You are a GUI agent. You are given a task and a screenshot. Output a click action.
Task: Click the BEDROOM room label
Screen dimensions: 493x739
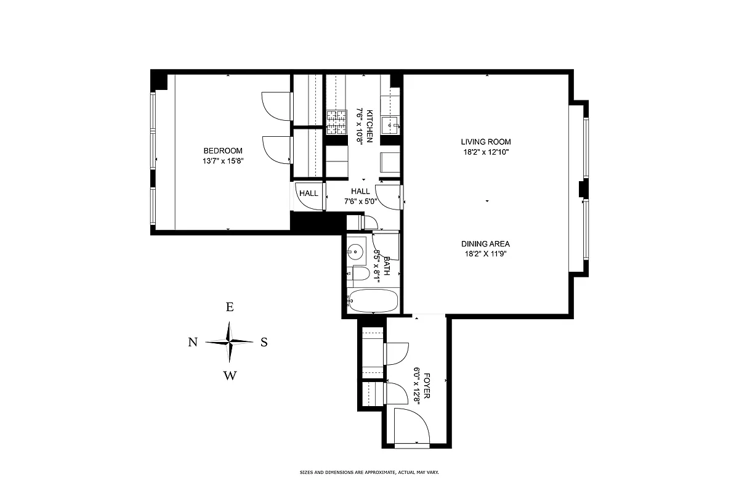[223, 151]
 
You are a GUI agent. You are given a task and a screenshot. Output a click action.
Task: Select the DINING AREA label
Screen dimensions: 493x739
[486, 243]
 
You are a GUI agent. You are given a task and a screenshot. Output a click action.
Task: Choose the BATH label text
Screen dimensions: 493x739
[387, 266]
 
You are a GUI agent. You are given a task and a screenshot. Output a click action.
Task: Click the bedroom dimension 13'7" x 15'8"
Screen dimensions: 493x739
[223, 161]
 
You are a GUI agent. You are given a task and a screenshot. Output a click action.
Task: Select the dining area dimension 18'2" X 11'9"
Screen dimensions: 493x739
[486, 253]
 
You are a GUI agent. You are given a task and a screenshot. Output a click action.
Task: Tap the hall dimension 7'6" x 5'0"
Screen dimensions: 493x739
[360, 202]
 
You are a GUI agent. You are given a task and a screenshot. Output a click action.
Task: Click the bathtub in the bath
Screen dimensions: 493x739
[373, 301]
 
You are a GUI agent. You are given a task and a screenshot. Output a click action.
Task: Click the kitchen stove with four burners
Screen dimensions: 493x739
[336, 121]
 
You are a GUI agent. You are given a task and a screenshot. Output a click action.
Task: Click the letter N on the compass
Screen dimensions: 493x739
[193, 343]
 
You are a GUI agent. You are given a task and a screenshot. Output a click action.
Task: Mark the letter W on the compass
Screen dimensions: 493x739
[230, 375]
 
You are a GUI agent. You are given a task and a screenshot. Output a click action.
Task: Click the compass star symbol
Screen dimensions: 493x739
[229, 342]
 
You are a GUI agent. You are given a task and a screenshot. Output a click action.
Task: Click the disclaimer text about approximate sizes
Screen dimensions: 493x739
[369, 473]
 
